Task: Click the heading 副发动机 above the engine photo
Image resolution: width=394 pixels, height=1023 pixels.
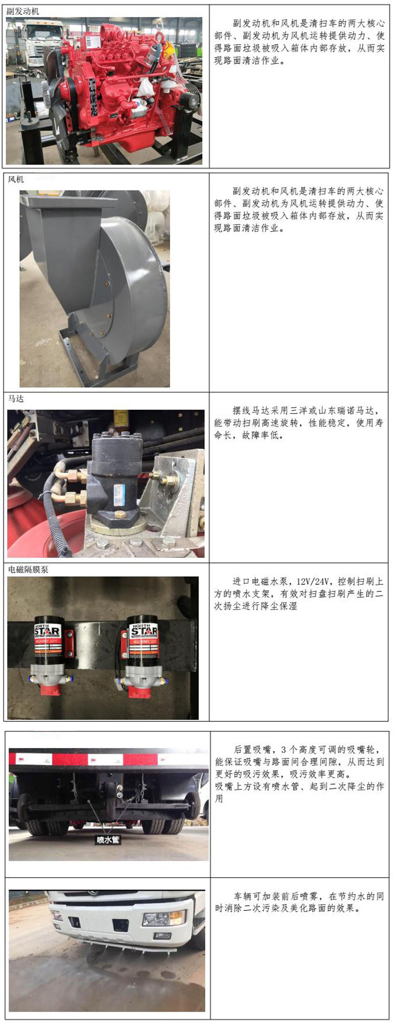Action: [23, 11]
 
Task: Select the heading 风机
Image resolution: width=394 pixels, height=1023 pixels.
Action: [16, 179]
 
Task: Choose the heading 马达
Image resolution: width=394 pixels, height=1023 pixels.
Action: [16, 399]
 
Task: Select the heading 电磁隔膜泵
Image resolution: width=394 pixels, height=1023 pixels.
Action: [28, 569]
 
